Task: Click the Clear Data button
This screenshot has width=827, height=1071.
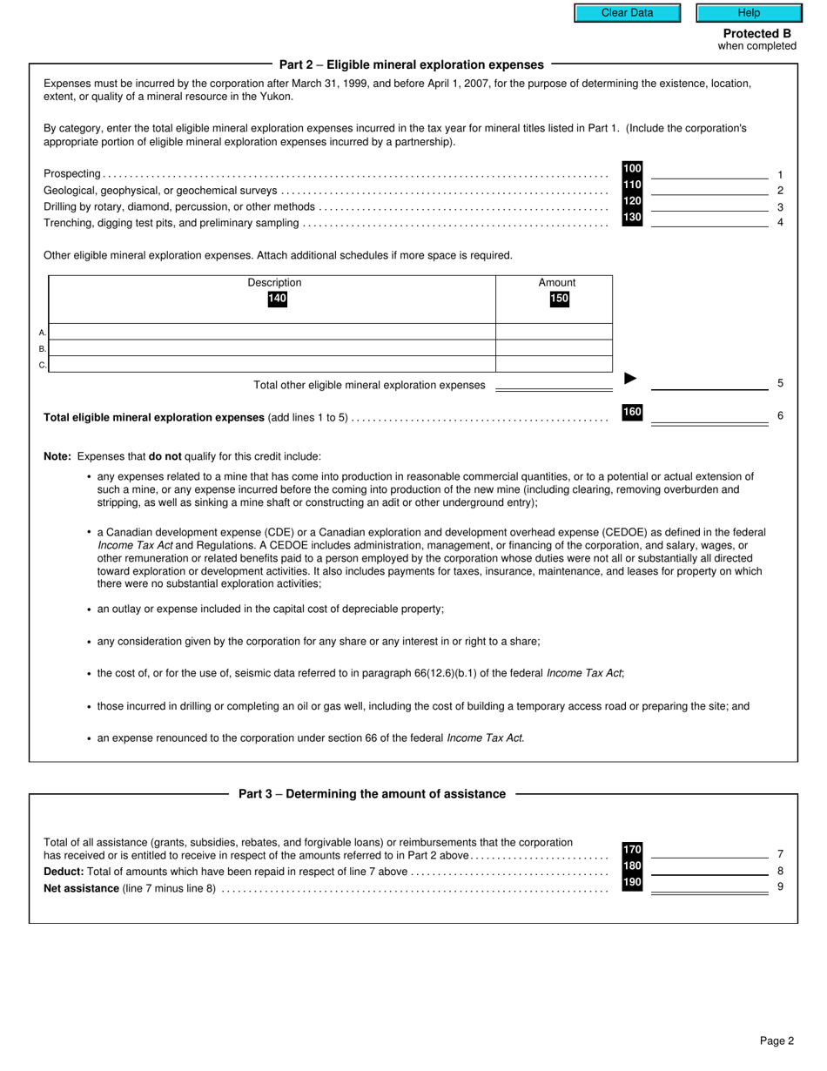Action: tap(627, 13)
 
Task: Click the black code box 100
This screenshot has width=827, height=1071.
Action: tap(632, 169)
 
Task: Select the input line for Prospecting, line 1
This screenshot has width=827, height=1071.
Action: tap(709, 172)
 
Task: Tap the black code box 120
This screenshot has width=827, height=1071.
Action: tap(632, 201)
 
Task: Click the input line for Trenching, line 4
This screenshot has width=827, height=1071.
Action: tap(709, 220)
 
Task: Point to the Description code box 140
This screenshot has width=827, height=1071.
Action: tap(277, 299)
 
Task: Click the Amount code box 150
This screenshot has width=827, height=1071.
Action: tap(558, 299)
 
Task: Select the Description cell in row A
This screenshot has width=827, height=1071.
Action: tap(272, 332)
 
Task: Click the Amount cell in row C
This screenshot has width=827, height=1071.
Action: tap(554, 365)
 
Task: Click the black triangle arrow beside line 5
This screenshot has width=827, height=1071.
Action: tap(631, 379)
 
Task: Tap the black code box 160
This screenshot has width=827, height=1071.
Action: tap(632, 413)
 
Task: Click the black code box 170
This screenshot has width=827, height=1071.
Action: tap(632, 850)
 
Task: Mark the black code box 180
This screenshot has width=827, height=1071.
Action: tap(632, 866)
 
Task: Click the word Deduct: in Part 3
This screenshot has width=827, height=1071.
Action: tap(64, 872)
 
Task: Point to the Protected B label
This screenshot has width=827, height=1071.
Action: tap(756, 34)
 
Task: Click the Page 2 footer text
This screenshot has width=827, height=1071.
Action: tap(777, 1041)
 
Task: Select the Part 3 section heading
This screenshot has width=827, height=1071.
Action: tap(372, 794)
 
